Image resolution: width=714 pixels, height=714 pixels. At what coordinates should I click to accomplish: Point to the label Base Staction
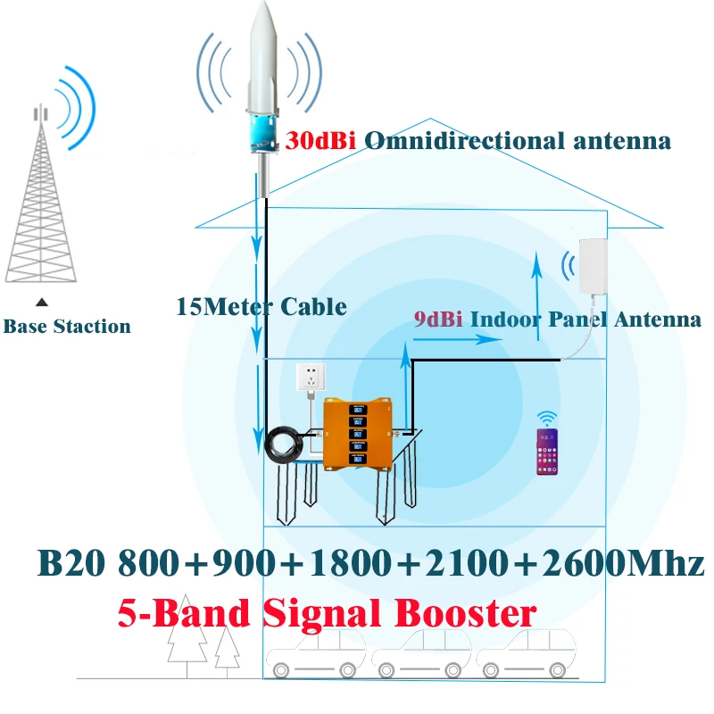tap(67, 327)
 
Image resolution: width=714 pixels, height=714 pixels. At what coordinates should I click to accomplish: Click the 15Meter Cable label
tap(262, 306)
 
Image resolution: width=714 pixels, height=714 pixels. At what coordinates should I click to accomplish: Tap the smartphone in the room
tap(544, 452)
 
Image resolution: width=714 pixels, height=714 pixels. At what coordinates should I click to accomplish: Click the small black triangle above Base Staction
tap(41, 303)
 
